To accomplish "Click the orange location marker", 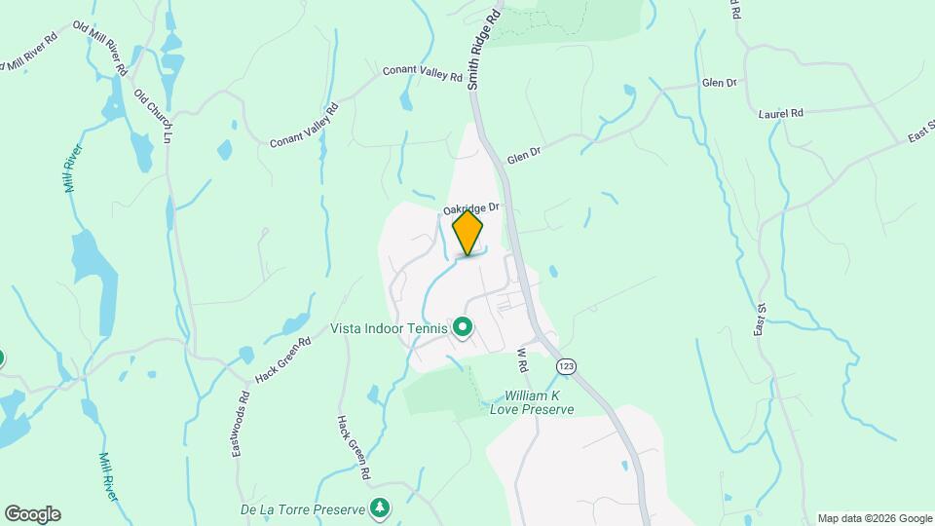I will pos(467,233).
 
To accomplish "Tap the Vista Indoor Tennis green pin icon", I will pos(463,328).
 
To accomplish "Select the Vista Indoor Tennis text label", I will pos(389,329).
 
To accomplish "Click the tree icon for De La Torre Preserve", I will pos(381,508).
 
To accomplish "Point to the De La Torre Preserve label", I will pos(303,509).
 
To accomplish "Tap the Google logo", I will pos(32,514).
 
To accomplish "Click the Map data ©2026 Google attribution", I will pos(875,518).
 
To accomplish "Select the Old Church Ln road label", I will pos(153,118).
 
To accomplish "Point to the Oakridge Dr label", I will pos(470,207).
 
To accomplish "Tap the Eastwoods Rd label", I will pos(242,426).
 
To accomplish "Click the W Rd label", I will pos(521,359).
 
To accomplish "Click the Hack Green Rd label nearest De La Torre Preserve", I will pos(353,446).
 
